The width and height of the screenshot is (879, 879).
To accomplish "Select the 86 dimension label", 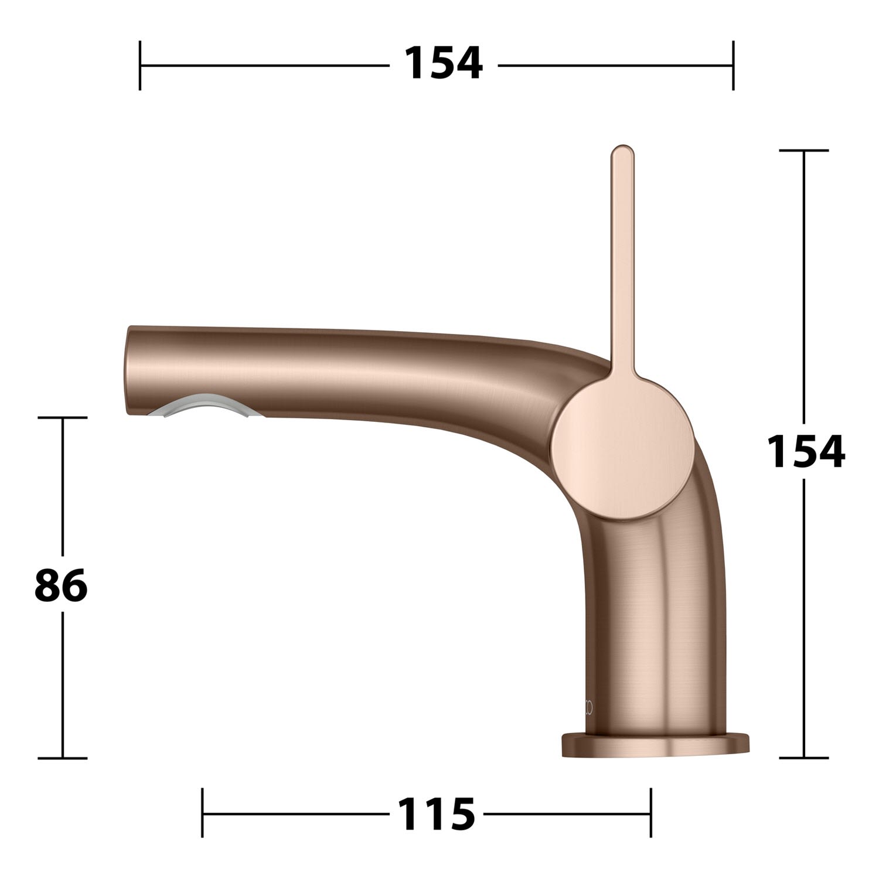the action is (x=61, y=585).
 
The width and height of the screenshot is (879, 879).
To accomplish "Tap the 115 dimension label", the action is (x=436, y=813).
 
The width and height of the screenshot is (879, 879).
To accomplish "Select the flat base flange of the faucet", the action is (x=655, y=745).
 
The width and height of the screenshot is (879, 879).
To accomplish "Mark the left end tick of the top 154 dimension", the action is (x=140, y=65).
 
